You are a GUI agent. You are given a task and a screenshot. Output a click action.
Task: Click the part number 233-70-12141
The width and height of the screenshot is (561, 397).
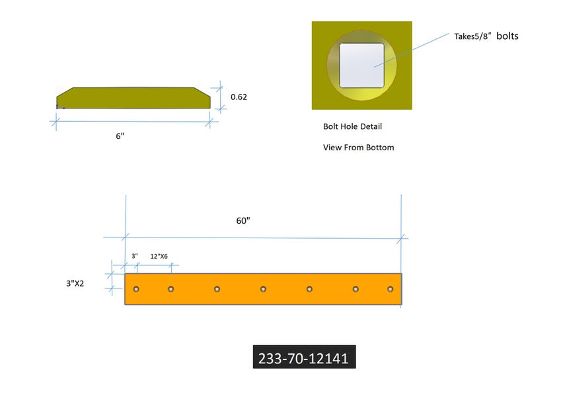(304, 358)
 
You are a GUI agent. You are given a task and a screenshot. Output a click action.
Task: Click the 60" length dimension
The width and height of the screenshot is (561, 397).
(243, 220)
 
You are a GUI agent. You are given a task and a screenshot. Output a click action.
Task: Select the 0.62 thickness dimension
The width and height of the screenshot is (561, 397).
(239, 97)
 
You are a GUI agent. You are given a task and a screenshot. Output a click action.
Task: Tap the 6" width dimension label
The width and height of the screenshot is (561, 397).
(120, 136)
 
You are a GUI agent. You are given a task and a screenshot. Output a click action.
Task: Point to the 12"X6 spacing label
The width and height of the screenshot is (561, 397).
(159, 256)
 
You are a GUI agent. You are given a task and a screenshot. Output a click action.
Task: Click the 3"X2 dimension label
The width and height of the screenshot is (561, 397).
(79, 283)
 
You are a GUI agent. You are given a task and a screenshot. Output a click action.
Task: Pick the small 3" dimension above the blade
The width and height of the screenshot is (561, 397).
(134, 256)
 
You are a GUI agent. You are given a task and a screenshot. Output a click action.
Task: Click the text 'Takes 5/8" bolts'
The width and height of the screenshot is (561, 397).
(486, 36)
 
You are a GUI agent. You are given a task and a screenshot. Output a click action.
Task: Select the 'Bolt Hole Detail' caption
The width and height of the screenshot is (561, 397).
(352, 126)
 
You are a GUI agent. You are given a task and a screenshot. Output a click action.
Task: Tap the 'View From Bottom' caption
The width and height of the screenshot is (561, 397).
(358, 148)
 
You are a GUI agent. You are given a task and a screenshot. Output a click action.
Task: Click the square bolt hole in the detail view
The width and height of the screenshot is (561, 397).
(361, 66)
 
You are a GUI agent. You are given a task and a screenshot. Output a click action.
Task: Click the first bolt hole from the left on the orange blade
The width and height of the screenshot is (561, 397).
(136, 289)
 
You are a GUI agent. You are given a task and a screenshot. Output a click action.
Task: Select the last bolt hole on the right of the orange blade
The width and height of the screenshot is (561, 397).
(391, 289)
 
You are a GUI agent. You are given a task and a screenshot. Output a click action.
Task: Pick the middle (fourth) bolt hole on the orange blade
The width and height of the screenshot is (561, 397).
(263, 289)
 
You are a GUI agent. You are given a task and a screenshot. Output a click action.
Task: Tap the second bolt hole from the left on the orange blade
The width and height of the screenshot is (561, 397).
(170, 289)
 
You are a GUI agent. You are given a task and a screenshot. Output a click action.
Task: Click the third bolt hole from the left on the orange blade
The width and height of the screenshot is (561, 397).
(217, 289)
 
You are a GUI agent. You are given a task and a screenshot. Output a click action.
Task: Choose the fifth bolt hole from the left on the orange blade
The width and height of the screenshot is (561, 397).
(309, 289)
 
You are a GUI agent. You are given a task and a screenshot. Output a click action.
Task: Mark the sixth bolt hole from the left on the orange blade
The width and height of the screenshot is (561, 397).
(355, 289)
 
